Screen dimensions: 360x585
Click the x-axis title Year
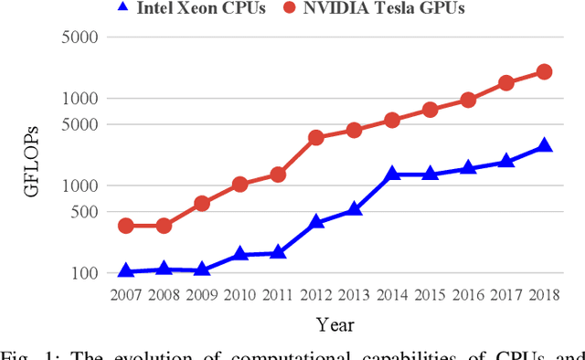(x=335, y=324)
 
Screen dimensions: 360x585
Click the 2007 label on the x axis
(x=126, y=294)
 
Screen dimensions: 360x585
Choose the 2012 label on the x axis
(x=315, y=294)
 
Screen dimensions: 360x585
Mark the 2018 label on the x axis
(x=544, y=294)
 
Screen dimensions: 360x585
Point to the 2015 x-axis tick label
(x=430, y=294)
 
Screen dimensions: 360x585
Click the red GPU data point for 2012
(x=315, y=138)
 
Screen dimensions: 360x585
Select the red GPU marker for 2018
(x=544, y=71)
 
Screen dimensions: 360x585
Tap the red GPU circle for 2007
(x=126, y=226)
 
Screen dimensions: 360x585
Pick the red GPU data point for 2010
(x=239, y=185)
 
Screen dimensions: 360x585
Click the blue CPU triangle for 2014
(x=391, y=174)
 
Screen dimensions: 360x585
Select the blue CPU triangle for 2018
(x=544, y=145)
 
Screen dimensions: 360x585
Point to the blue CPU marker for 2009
(x=202, y=270)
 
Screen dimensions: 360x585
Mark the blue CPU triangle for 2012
(x=315, y=222)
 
